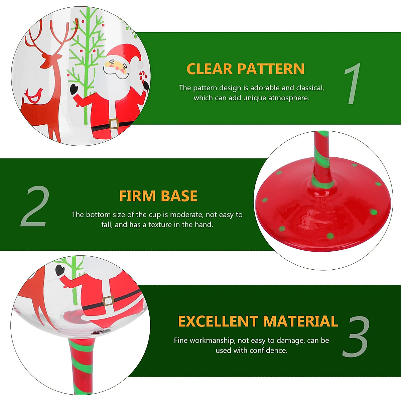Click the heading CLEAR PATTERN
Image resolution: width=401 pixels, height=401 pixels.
pos(245,69)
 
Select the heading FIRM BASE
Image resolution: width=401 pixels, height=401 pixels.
pos(158,196)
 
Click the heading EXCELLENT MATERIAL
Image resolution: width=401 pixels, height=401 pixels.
pos(258,321)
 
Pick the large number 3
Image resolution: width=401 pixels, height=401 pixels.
pos(356,337)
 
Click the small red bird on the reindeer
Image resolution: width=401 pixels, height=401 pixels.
pos(33,95)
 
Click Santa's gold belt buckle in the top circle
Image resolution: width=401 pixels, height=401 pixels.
pos(114,124)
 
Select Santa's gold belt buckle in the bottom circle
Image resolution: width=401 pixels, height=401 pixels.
pos(108,301)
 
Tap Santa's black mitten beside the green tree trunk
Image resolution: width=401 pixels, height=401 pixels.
pos(74,89)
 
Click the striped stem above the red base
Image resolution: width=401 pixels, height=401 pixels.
pos(321,157)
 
